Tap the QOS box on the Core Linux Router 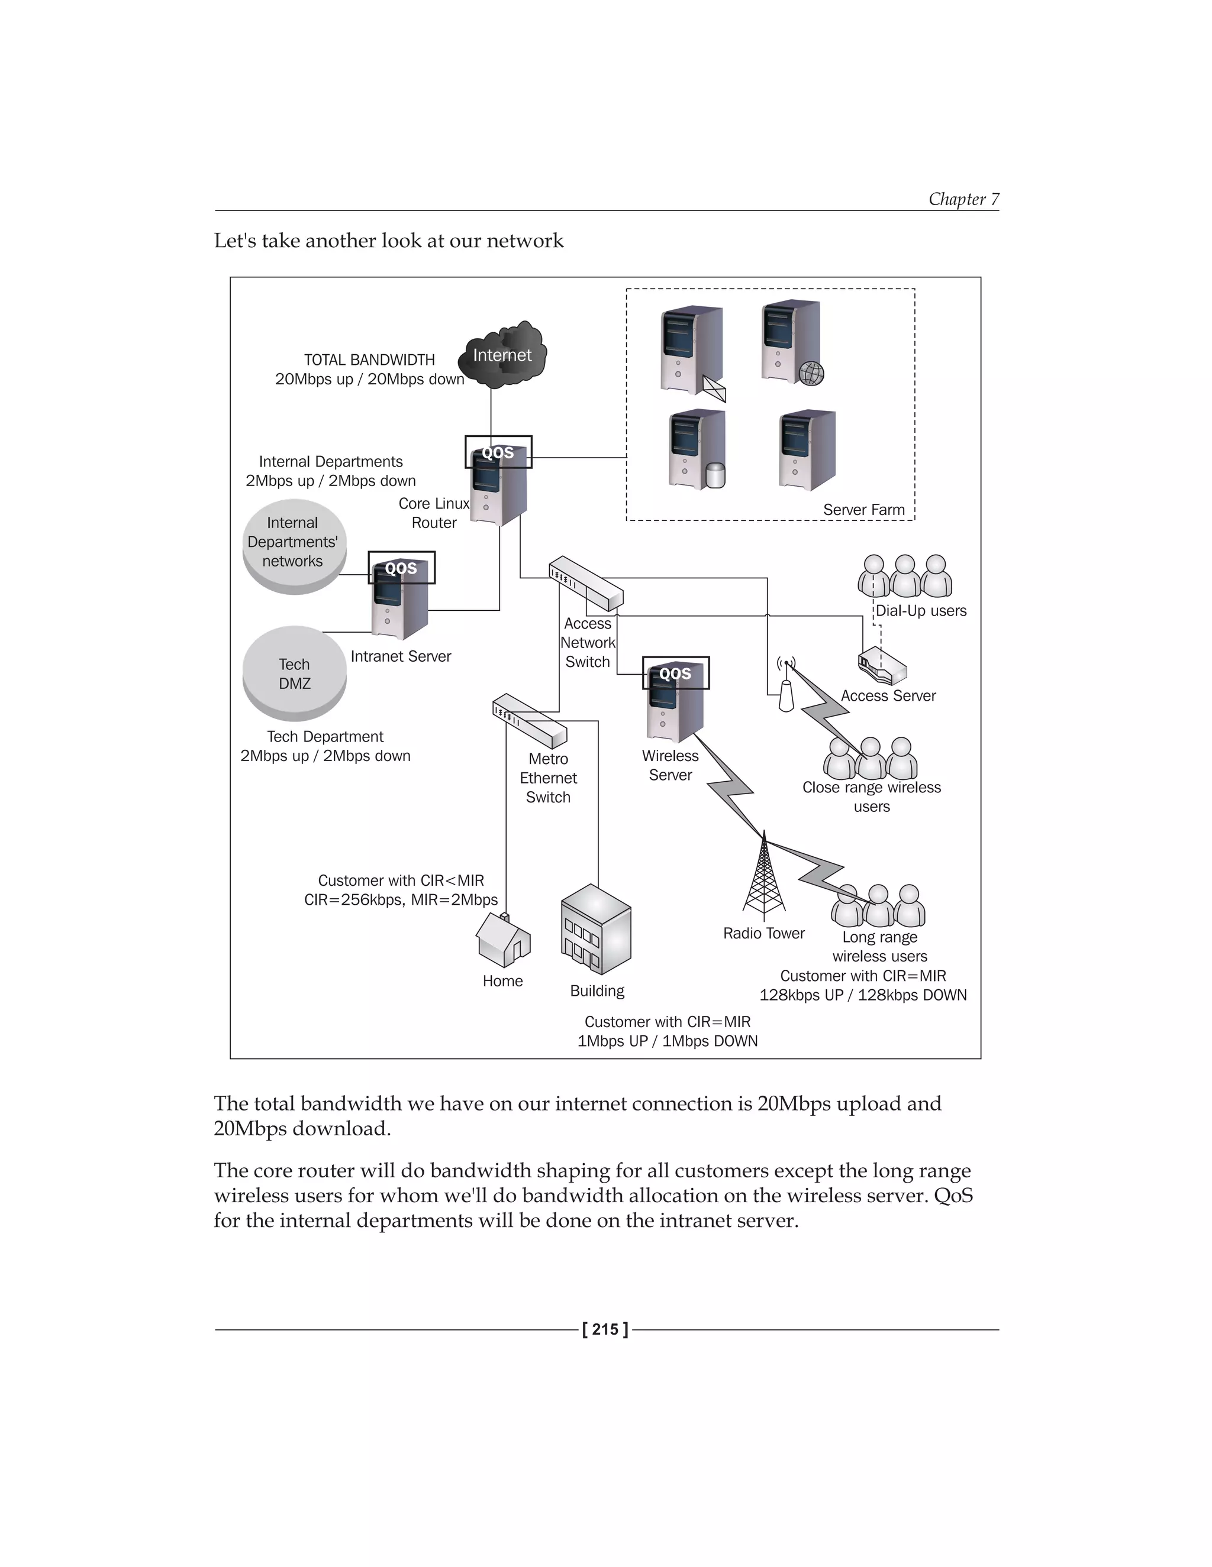tap(498, 452)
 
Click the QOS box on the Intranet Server tap(401, 568)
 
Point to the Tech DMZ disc tap(294, 673)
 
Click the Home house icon tap(504, 940)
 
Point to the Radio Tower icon tap(764, 879)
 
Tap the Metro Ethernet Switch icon tap(530, 720)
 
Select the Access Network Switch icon tap(586, 583)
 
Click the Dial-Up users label tap(921, 611)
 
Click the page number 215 tap(605, 1329)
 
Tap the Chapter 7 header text tap(963, 199)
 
